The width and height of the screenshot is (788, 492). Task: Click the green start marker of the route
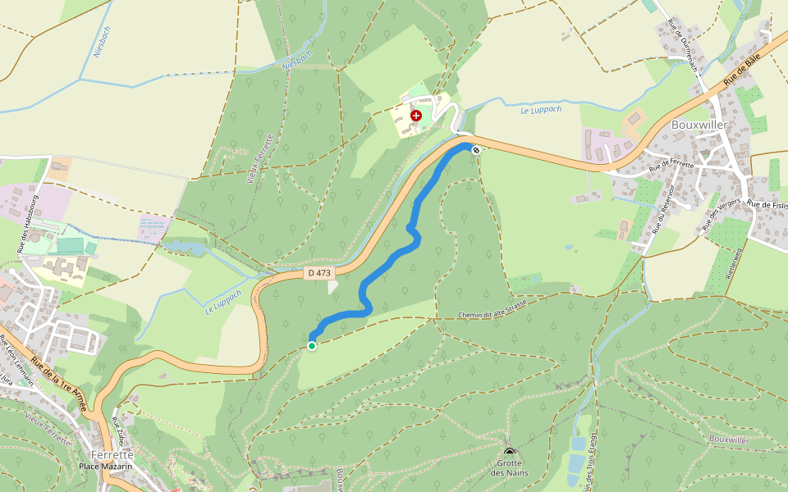pyautogui.click(x=312, y=346)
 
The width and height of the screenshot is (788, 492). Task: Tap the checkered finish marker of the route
pyautogui.click(x=475, y=148)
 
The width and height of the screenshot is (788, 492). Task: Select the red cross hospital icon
pyautogui.click(x=416, y=116)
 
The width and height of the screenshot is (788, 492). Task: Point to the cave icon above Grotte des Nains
pyautogui.click(x=510, y=453)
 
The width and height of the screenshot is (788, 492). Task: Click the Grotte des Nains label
pyautogui.click(x=510, y=467)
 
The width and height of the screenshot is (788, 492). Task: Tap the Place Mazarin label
pyautogui.click(x=106, y=466)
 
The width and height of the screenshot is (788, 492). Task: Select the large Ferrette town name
pyautogui.click(x=112, y=454)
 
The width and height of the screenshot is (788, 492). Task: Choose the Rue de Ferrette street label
pyautogui.click(x=671, y=165)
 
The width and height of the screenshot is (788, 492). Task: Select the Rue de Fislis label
pyautogui.click(x=767, y=204)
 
